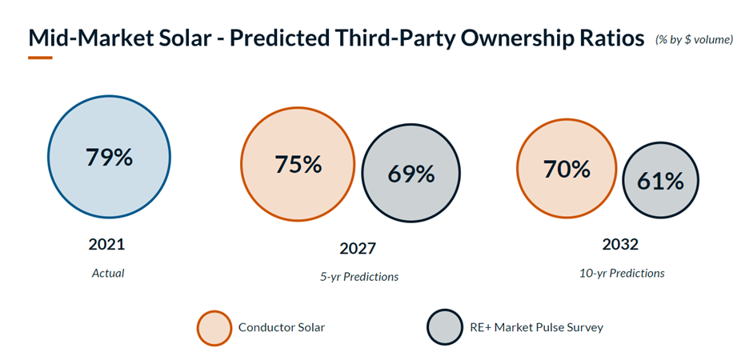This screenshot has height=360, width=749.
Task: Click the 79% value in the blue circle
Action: point(109,157)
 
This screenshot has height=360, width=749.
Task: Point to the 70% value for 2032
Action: point(566,169)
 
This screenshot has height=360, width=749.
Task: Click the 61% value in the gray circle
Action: point(660,182)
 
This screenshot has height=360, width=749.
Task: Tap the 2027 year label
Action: point(357,248)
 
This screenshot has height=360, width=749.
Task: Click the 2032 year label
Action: point(621,245)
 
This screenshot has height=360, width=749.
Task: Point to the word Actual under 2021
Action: point(108,273)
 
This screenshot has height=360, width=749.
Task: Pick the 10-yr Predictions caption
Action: point(622,273)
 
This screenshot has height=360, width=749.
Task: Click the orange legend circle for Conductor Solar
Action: point(214,328)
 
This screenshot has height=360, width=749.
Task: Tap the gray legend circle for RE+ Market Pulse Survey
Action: point(444,328)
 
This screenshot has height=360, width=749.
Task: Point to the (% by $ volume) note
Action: point(694,39)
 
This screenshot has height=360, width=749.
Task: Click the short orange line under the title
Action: point(40,58)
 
